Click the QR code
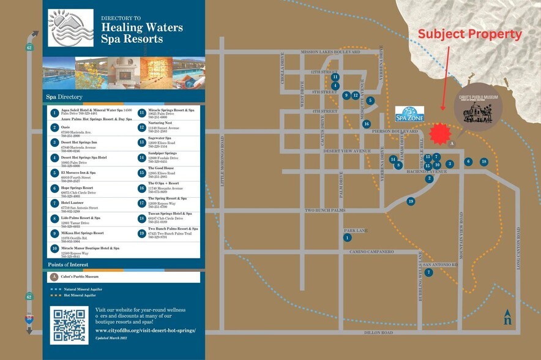[70, 324]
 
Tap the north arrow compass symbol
[507, 317]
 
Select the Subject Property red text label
[469, 35]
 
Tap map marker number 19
[411, 201]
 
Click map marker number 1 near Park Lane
[348, 238]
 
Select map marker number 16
[366, 124]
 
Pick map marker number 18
[484, 162]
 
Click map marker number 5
[370, 100]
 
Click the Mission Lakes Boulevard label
[330, 53]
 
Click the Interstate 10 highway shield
[29, 318]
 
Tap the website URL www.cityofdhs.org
[145, 330]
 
